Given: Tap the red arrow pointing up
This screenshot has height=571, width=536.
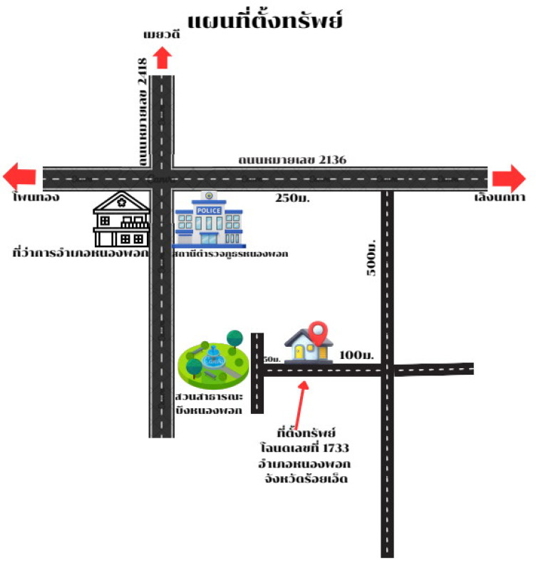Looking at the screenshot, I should click(x=163, y=57).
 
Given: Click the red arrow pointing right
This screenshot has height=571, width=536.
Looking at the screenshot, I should click(x=508, y=177).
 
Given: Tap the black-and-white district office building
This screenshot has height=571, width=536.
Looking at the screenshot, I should click(x=122, y=219).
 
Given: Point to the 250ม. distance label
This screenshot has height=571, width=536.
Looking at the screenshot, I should click(x=290, y=199).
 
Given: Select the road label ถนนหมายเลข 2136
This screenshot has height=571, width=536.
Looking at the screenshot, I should click(x=292, y=159).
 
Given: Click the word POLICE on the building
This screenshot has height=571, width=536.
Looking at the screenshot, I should click(x=209, y=211).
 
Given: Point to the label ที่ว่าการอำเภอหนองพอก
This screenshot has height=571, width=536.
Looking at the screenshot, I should click(x=81, y=253).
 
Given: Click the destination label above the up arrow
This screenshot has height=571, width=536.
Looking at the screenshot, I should click(x=163, y=34).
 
